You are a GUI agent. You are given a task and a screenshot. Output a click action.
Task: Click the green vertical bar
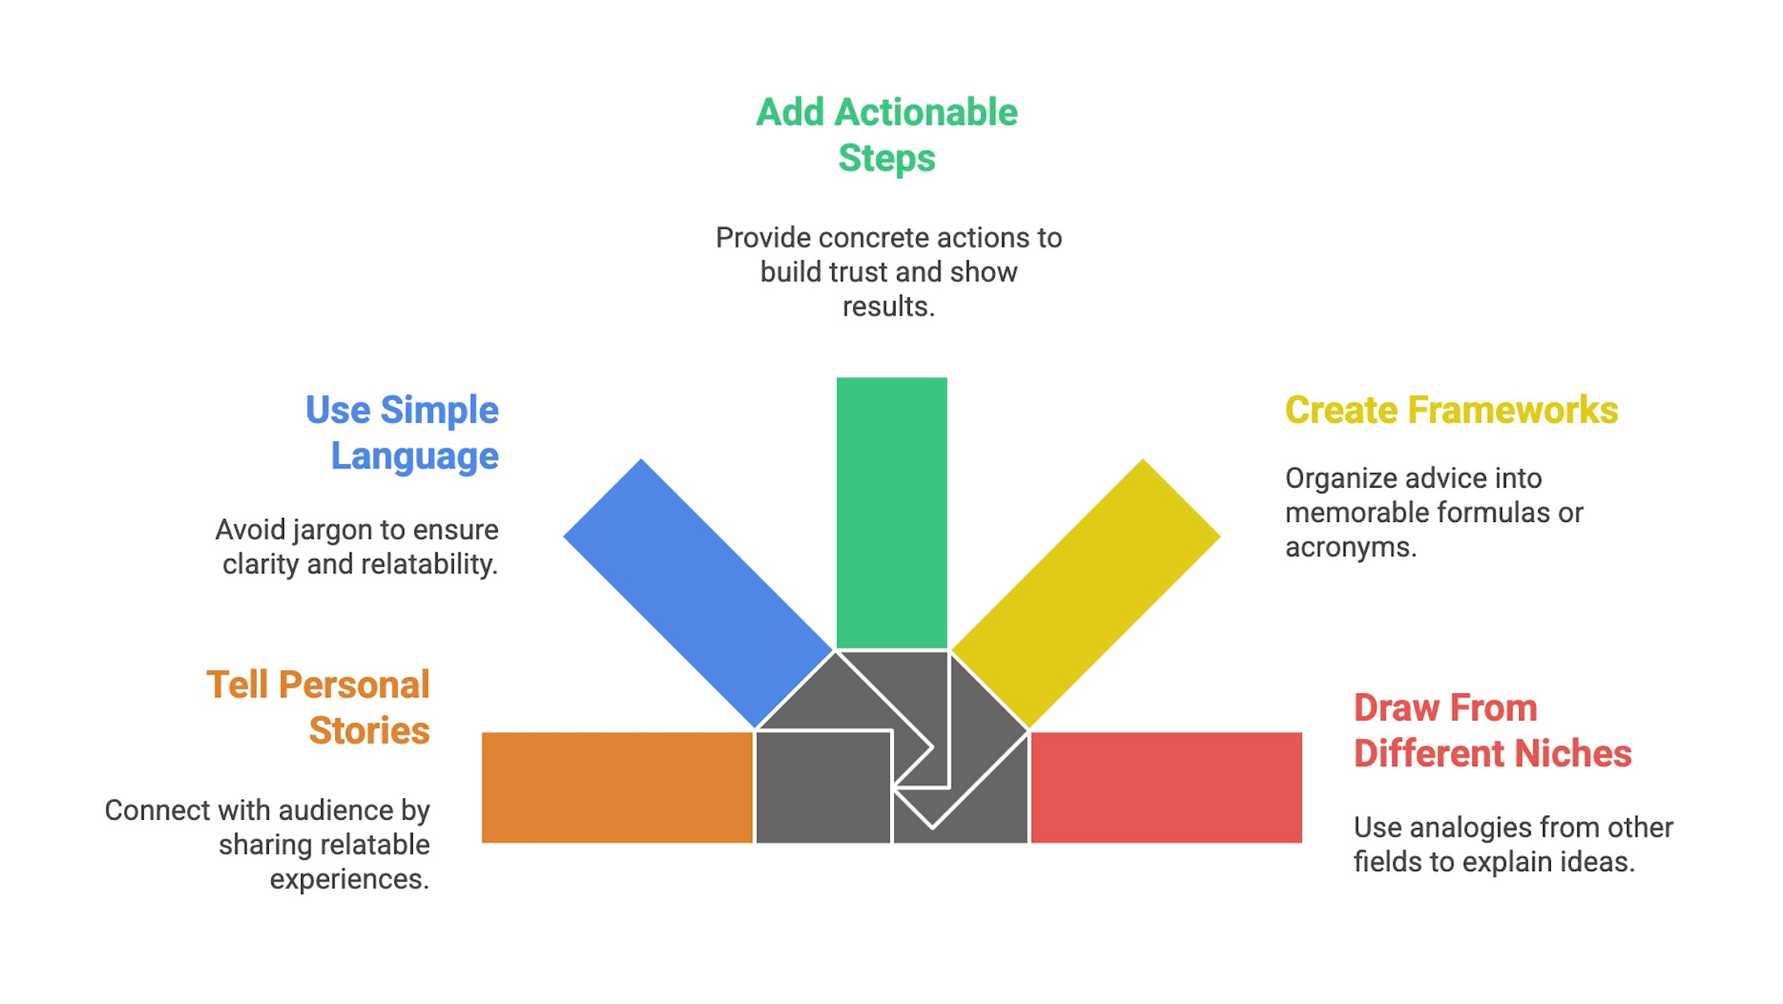[x=891, y=512]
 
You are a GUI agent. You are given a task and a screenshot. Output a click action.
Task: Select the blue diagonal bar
[x=698, y=592]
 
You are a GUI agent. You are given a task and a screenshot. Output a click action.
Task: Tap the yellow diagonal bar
[x=1085, y=592]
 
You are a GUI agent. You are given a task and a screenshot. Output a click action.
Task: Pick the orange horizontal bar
[x=617, y=787]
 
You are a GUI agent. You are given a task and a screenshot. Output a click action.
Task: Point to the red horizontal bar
[x=1166, y=787]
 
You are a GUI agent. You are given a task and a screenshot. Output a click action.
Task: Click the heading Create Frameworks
[x=1451, y=410]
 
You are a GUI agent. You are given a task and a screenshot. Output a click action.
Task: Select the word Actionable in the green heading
[x=926, y=112]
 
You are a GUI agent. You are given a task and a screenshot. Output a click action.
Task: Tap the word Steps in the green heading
[x=887, y=158]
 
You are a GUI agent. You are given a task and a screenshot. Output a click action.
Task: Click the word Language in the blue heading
[x=415, y=456]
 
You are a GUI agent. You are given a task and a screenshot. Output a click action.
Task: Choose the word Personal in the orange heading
[x=355, y=685]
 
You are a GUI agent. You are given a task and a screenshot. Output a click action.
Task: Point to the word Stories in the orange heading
[x=369, y=731]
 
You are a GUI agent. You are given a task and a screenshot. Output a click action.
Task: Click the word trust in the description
[x=860, y=272]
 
